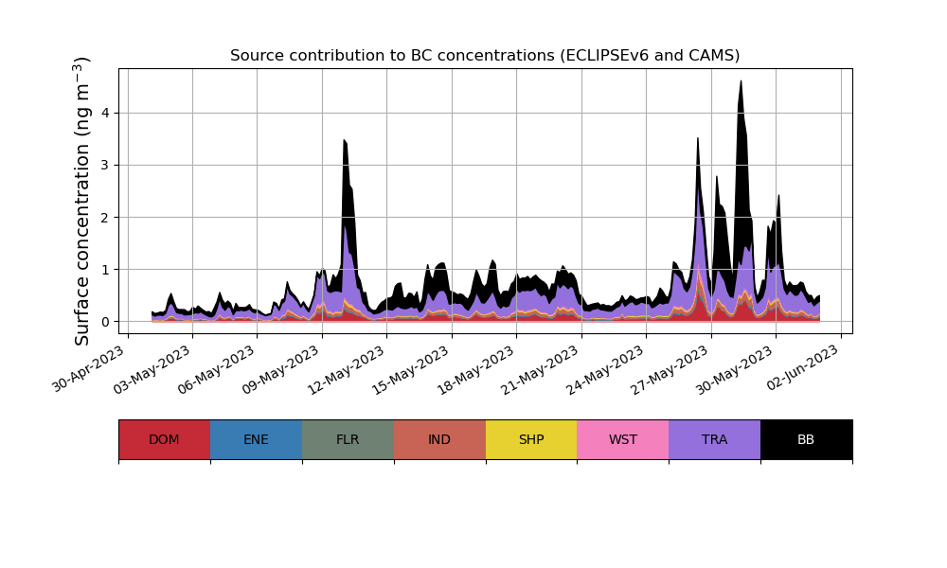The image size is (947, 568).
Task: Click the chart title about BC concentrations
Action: coord(485,56)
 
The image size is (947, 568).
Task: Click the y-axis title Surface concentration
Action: coord(82,201)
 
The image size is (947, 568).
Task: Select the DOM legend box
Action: coord(164,439)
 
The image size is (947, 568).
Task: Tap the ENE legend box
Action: coord(256,439)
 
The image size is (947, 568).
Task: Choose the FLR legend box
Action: coord(348,439)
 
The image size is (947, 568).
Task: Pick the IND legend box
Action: coord(439,439)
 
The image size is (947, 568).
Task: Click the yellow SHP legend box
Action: coord(531,439)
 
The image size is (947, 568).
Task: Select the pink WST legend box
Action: coord(622,439)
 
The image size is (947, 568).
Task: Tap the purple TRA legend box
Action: coord(714,439)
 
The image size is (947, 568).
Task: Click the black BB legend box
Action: coord(806,439)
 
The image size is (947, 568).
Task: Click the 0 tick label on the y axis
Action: coord(106,322)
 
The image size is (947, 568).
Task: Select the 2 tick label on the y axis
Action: coord(106,218)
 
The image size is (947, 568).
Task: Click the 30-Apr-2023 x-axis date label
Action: coord(88,369)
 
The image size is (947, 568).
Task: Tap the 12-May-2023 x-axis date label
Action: coord(348,369)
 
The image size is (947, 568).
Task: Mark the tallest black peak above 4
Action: coord(741,83)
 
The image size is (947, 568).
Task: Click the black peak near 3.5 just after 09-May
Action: coord(345,142)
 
